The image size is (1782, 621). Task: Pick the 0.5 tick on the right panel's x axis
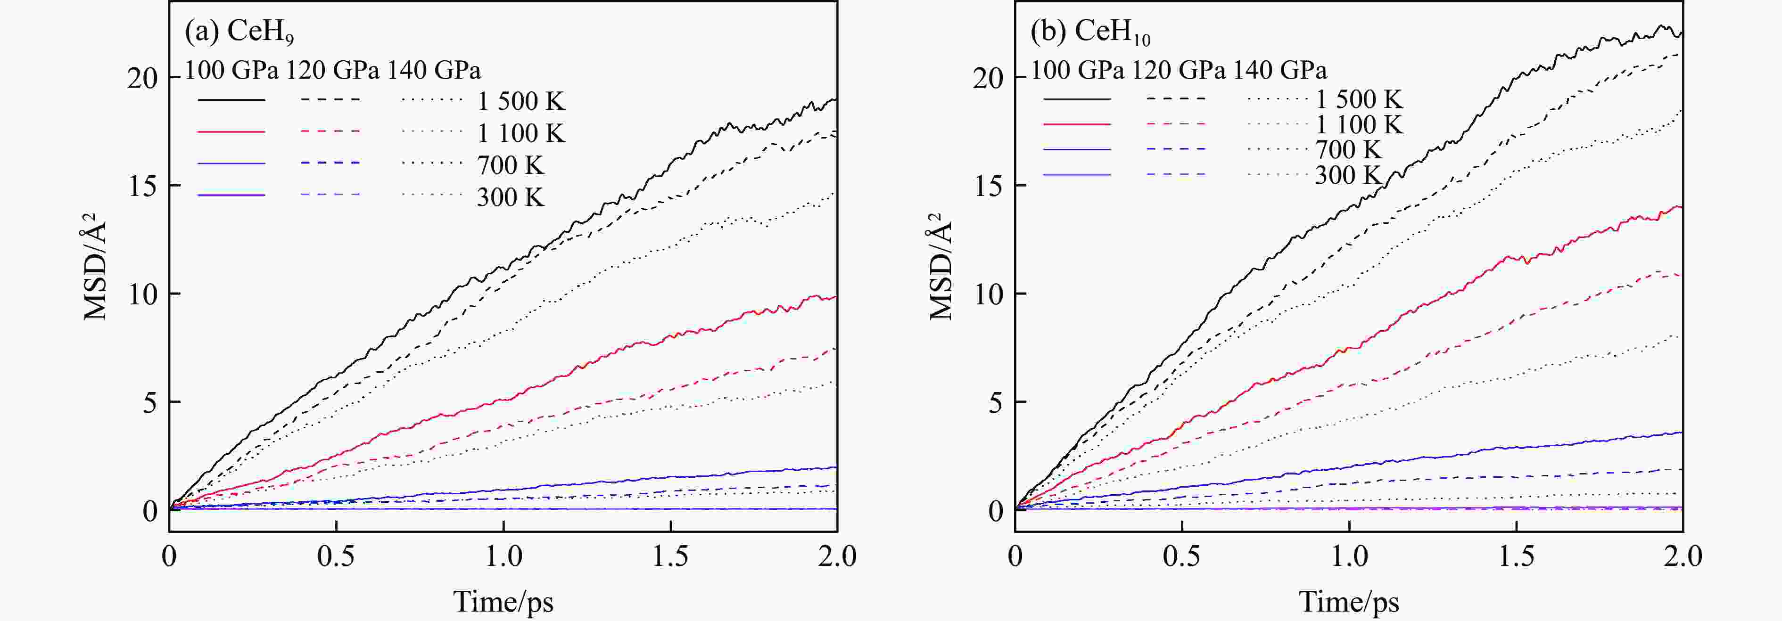[1181, 556]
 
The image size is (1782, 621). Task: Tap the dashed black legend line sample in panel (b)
[1175, 99]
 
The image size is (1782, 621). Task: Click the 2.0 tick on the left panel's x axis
[837, 556]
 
